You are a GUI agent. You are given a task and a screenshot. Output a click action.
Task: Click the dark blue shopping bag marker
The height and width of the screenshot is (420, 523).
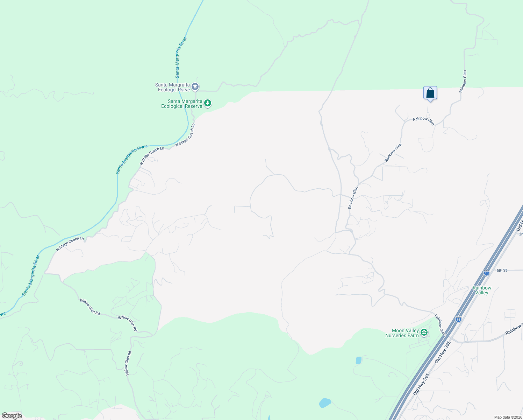(430, 93)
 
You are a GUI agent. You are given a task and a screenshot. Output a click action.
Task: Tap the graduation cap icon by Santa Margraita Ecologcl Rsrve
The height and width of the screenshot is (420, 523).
(195, 87)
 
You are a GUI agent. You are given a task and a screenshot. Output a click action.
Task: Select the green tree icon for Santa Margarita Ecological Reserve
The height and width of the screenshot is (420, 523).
(208, 103)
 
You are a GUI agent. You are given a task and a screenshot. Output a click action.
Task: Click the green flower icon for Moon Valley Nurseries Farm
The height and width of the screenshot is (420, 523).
(424, 332)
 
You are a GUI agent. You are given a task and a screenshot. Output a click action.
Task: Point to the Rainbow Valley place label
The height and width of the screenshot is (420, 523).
(482, 290)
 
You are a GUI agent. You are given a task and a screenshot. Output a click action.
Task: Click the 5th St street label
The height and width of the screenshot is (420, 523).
(502, 271)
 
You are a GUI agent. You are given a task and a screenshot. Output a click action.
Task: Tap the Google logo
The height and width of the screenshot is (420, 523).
(12, 416)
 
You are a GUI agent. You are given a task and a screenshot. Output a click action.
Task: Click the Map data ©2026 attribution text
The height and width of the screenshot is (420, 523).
(508, 417)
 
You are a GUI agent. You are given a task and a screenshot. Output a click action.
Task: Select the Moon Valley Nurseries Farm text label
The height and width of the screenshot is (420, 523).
(402, 333)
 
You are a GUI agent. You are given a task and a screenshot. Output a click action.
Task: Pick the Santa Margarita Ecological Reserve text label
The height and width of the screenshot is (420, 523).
(181, 104)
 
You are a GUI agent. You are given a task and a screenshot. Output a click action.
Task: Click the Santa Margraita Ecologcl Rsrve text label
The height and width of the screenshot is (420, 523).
(173, 87)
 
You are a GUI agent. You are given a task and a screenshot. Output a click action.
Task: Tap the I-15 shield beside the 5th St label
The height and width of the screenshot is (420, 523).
(487, 273)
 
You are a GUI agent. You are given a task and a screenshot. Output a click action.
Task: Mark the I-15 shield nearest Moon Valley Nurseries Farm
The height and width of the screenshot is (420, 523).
(458, 319)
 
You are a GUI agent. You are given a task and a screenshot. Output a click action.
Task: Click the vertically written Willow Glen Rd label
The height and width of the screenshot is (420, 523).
(128, 363)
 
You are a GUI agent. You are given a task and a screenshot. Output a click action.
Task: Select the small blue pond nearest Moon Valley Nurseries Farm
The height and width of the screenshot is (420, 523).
(358, 360)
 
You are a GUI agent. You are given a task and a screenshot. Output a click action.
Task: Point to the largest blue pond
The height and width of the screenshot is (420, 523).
(325, 403)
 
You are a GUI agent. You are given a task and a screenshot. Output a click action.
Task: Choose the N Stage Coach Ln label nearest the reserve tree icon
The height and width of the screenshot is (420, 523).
(185, 135)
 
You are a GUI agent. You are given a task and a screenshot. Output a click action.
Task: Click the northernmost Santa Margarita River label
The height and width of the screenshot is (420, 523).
(181, 57)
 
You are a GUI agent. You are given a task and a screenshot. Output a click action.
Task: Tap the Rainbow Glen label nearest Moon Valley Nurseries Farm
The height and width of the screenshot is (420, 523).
(440, 325)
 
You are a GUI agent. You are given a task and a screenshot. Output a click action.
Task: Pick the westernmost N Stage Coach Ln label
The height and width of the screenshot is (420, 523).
(70, 244)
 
